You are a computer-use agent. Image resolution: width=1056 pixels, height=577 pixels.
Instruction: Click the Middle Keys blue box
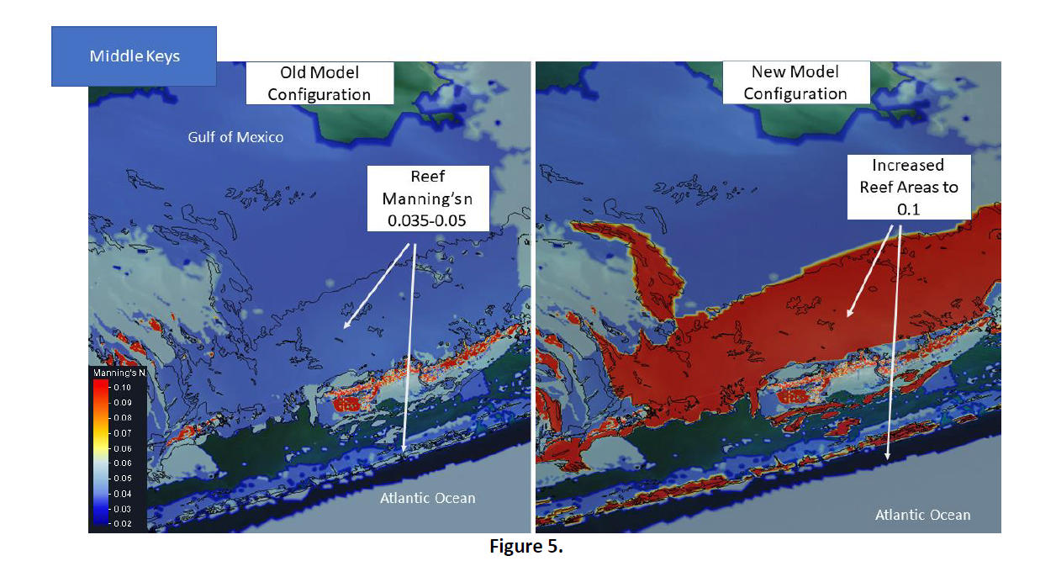pos(134,56)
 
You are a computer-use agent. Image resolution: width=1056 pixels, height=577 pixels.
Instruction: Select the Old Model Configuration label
pos(319,83)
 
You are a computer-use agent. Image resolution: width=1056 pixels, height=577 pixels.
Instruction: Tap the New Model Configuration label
pos(795,82)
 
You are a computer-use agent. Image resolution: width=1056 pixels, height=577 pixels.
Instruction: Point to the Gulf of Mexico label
pos(235,136)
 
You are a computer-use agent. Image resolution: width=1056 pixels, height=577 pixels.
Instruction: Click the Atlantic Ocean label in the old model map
pos(427,498)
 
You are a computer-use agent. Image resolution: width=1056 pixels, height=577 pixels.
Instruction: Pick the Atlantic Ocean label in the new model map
pos(922,515)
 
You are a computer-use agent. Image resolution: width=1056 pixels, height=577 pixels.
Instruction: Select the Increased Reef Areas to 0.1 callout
pos(908,187)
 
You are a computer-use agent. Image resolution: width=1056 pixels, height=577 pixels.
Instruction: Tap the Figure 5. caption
pos(526,547)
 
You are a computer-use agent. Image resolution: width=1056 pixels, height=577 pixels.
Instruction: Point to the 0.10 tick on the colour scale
pos(124,388)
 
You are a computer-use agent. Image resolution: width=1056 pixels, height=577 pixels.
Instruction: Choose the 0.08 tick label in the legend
pos(124,418)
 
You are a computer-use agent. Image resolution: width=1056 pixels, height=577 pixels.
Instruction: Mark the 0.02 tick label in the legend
pos(124,523)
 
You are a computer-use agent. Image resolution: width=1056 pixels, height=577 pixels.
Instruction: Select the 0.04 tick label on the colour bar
pos(124,493)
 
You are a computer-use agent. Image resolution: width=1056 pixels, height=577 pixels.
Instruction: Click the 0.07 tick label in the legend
pos(124,433)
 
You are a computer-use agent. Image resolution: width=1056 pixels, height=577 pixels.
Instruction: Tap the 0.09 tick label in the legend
pos(124,403)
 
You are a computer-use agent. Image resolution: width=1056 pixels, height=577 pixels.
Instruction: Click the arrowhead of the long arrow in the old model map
pos(403,455)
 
